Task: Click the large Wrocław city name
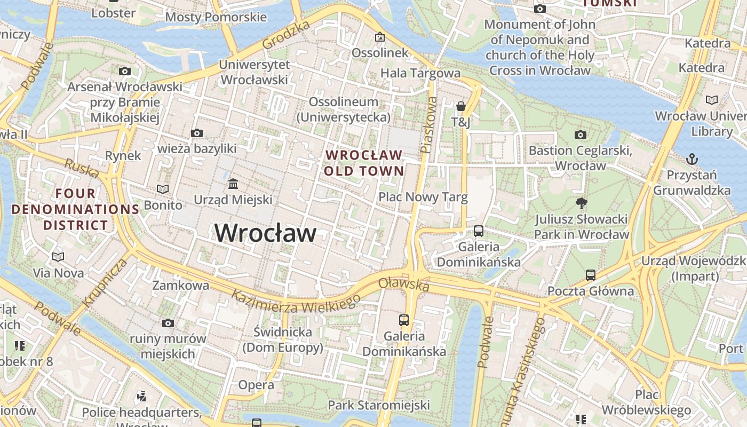point(265,233)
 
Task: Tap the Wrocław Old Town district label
point(364,163)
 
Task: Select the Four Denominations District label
point(75,209)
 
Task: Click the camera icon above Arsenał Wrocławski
point(125,71)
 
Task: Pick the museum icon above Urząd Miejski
point(233,184)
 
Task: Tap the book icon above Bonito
point(163,189)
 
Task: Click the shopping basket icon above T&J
point(461,106)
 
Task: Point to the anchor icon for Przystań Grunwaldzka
point(692,159)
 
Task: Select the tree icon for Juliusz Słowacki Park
point(581,203)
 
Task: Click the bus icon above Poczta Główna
point(591,275)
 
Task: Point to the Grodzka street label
point(285,35)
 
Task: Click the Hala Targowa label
point(420,73)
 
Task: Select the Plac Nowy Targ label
point(423,197)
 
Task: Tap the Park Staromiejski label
point(378,405)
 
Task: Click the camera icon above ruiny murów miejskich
point(168,323)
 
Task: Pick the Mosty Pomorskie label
point(216,17)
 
